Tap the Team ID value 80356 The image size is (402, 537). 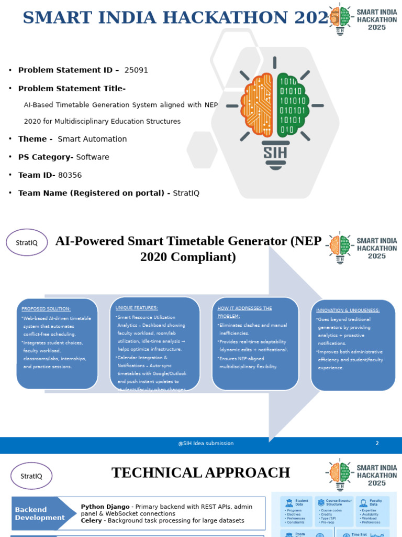(x=70, y=175)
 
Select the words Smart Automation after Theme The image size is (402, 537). (x=92, y=139)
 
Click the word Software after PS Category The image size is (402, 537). (x=93, y=157)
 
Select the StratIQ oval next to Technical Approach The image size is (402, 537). (x=31, y=476)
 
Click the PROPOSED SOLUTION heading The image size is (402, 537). (x=46, y=308)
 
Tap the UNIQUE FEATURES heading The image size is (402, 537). (x=137, y=307)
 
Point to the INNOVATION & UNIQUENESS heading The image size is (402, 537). (x=348, y=310)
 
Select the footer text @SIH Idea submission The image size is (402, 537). (x=206, y=444)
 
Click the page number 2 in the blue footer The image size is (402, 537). (x=377, y=444)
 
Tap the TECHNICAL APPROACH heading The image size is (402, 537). (x=200, y=473)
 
